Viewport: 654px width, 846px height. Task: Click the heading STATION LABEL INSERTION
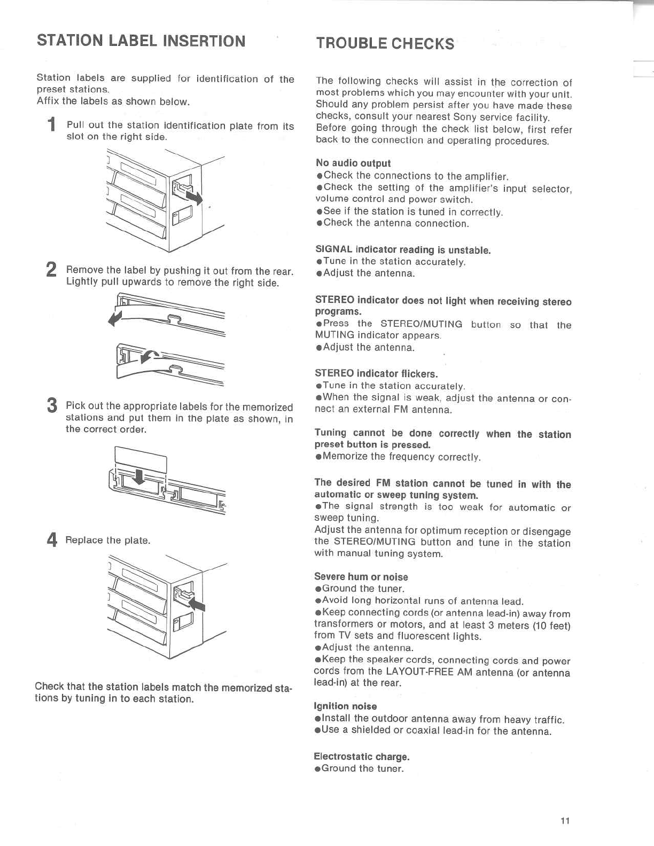[x=141, y=41]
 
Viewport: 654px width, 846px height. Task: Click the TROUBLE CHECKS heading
[x=385, y=43]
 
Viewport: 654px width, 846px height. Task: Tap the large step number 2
[x=51, y=270]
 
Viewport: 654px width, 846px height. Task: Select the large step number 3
[x=52, y=405]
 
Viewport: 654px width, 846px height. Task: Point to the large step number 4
[x=52, y=540]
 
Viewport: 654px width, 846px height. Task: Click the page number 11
[x=565, y=820]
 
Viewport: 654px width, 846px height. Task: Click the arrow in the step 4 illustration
[x=197, y=604]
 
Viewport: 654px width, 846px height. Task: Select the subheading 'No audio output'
[x=353, y=163]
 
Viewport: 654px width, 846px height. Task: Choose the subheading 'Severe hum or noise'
[x=361, y=577]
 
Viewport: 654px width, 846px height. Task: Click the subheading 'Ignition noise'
[x=345, y=706]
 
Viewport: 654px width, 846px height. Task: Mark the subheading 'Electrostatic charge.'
[x=361, y=756]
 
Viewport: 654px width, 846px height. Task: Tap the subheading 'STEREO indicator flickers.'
[x=376, y=373]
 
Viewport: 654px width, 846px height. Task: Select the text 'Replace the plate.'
[x=108, y=540]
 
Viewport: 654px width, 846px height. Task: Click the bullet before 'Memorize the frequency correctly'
[x=318, y=457]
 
